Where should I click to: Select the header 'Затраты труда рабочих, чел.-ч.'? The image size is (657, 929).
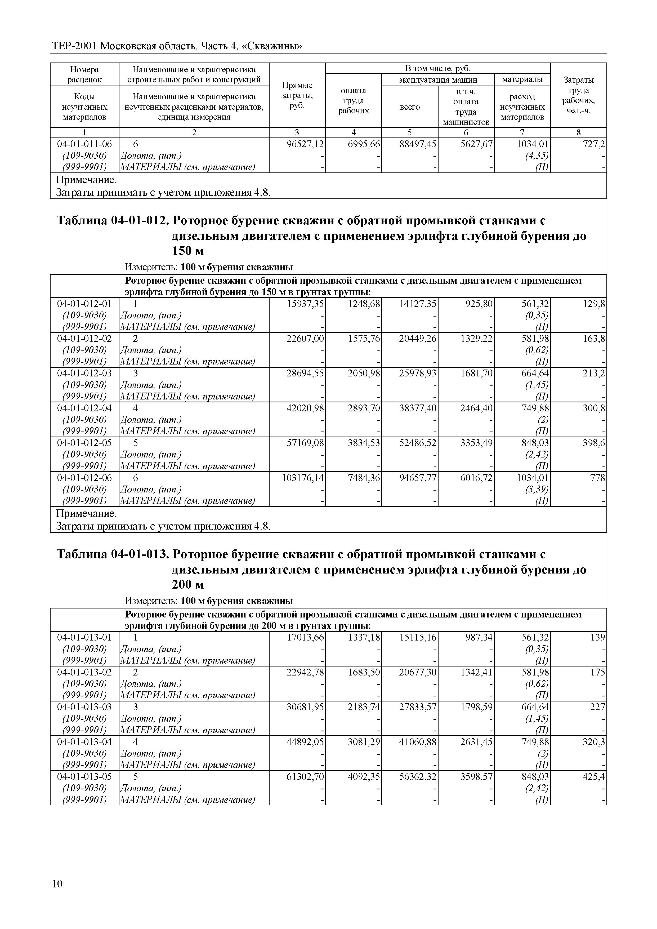pyautogui.click(x=579, y=95)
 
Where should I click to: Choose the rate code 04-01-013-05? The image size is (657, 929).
pyautogui.click(x=84, y=777)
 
